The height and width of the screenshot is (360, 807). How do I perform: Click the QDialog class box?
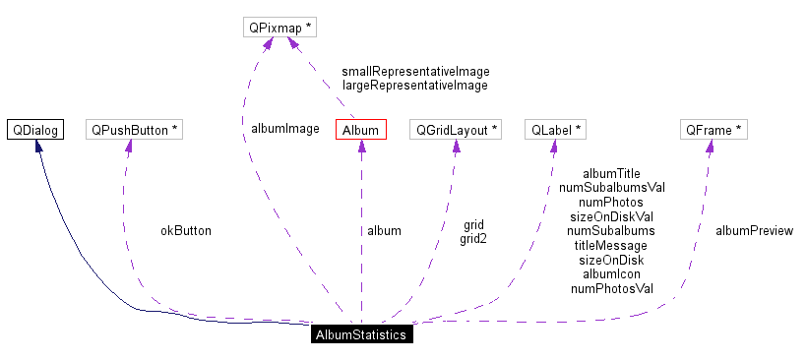point(35,130)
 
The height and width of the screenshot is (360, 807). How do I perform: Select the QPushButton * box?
point(134,130)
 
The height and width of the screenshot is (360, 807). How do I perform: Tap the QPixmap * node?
point(279,28)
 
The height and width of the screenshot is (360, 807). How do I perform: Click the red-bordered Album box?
point(360,130)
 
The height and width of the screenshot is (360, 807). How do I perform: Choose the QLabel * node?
point(557,130)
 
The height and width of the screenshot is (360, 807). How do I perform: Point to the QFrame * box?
point(714,130)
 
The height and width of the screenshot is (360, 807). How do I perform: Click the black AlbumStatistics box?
point(360,334)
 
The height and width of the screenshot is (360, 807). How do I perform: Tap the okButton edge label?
point(186,231)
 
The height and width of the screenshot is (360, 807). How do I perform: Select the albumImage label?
point(285,128)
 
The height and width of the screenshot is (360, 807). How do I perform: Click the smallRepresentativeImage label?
point(415,72)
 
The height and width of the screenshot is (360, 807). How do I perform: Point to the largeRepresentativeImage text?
point(415,86)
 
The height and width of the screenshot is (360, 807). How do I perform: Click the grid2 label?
point(473,238)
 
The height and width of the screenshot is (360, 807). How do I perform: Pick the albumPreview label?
point(754,231)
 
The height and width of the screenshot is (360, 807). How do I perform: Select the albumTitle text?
point(611,173)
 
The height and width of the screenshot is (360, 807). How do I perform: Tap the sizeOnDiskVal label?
point(611,216)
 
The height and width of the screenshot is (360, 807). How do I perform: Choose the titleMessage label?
point(611,245)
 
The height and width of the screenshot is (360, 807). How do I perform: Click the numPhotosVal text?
point(611,289)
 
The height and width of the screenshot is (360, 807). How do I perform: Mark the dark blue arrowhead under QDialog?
point(38,147)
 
